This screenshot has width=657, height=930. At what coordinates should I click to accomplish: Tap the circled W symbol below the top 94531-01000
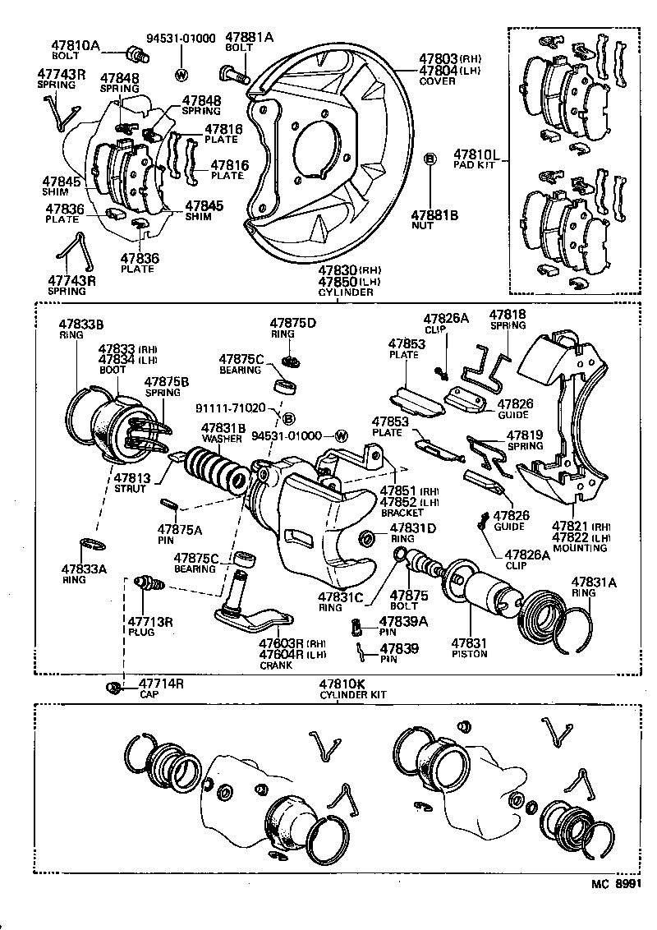point(181,75)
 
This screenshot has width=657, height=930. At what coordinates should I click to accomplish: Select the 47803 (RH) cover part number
point(440,58)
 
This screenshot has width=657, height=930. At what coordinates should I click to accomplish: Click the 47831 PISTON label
point(469,648)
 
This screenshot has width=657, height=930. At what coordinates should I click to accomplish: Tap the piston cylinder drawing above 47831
point(476,593)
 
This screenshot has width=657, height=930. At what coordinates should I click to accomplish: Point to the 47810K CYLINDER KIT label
point(353,688)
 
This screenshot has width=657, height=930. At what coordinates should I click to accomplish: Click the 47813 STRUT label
point(130,482)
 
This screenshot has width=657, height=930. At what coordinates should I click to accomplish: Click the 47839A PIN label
point(399,624)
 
